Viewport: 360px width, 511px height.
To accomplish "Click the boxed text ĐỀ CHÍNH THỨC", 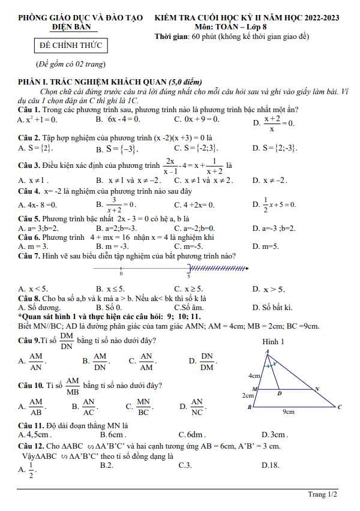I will point(71,46).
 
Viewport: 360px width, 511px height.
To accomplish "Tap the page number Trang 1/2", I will point(322,494).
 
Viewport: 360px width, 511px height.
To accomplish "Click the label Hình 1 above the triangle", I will point(273,342).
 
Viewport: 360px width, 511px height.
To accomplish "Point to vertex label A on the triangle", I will point(267,351).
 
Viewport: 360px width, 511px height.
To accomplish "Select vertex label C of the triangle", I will point(339,407).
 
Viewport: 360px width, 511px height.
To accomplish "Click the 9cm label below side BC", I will point(288,412).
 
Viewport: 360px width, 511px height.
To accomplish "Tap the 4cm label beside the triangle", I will point(254,376).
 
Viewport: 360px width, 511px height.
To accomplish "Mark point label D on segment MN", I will point(279,394).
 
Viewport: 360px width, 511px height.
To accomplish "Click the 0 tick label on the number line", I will point(121,274).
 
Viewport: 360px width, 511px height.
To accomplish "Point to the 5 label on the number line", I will point(189,276).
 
